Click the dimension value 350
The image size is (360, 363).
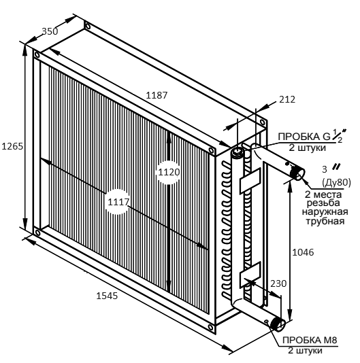pos(50,31)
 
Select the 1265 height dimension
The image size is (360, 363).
pos(12,146)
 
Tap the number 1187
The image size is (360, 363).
pos(157,95)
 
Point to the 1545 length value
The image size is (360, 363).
pos(107,296)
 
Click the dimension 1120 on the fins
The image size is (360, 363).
pos(169,172)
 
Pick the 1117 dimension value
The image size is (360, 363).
pos(118,202)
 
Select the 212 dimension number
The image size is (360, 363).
pos(287,99)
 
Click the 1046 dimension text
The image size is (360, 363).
pos(303,252)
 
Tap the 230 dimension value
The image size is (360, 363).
pos(278,283)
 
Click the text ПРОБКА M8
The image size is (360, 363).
pos(310,340)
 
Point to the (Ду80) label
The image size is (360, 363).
pos(336,183)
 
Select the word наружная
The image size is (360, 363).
pos(325,211)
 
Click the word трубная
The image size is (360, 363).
pos(325,221)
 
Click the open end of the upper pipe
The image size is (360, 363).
pos(299,173)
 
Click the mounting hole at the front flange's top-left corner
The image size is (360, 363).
pos(37,54)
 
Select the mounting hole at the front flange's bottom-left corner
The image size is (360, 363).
pos(37,232)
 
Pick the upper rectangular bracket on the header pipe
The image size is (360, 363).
pos(250,181)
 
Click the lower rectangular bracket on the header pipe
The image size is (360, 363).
pos(250,275)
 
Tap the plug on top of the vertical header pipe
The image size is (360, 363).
pos(237,152)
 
